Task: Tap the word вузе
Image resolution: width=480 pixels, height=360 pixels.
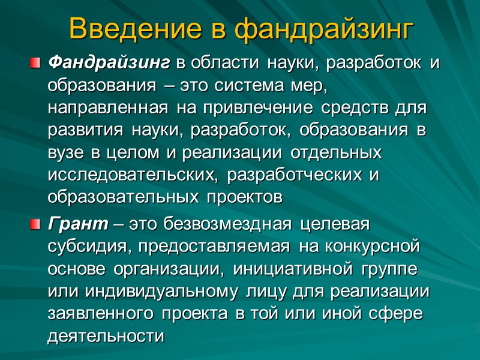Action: pyautogui.click(x=66, y=152)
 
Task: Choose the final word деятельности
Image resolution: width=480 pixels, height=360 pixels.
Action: pyautogui.click(x=105, y=335)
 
